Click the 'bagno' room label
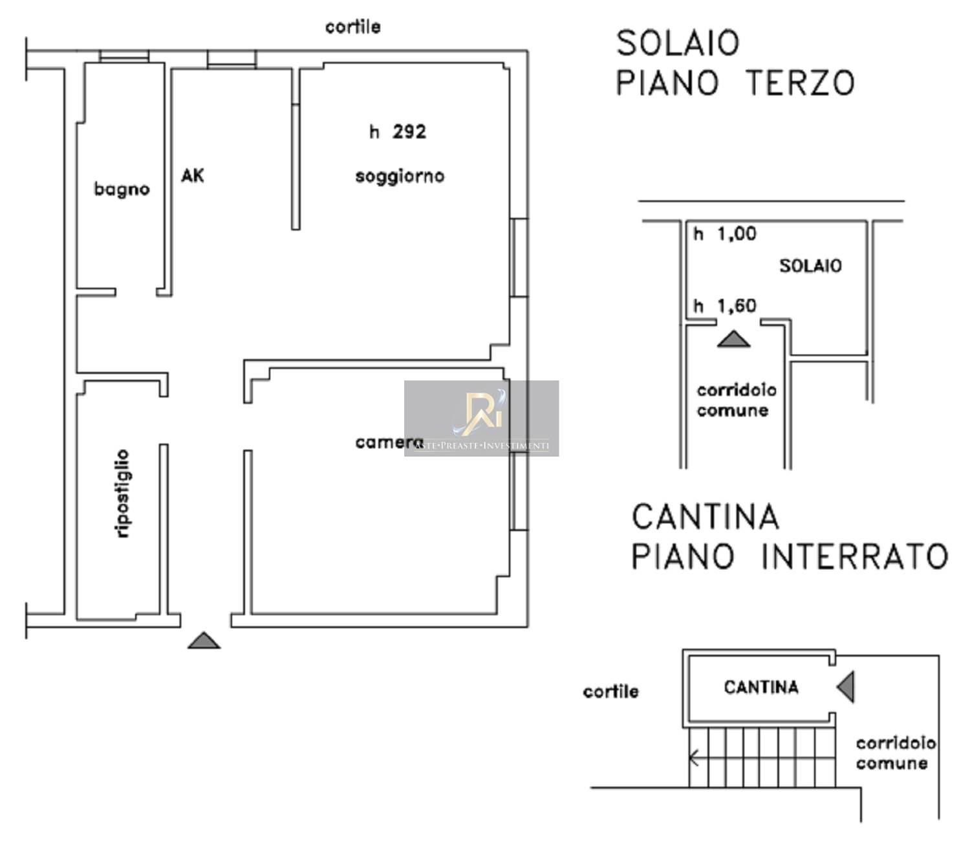122,190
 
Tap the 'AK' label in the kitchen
193,175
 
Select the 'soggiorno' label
400,177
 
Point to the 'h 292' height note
398,132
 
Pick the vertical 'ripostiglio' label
122,494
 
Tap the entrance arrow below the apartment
204,640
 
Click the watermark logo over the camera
482,419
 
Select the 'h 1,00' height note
725,234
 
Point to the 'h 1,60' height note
725,306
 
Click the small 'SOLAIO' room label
810,267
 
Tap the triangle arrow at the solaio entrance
733,338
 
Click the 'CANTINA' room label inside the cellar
760,688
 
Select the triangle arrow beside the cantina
846,687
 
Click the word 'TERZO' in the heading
800,83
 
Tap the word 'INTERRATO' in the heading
854,556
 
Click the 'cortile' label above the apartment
353,27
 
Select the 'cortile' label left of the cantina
610,692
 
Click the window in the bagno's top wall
124,56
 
